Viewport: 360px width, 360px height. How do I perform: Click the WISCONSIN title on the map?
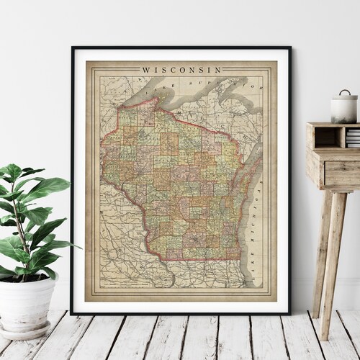point(181,70)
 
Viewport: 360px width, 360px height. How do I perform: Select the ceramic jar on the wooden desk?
point(343,108)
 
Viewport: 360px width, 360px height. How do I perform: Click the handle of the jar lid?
point(343,92)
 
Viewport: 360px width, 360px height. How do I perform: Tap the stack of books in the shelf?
point(353,138)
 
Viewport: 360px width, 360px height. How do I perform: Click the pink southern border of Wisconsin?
point(194,258)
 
